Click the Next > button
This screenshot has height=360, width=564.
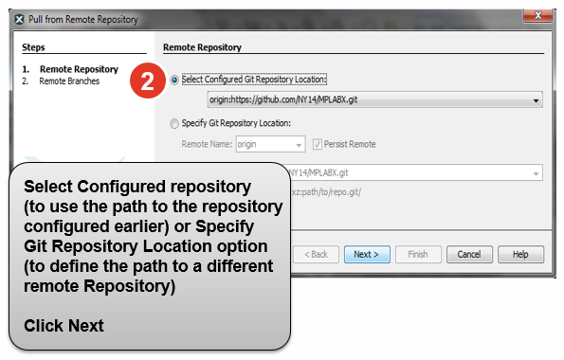click(x=366, y=254)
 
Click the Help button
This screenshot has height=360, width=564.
click(x=519, y=254)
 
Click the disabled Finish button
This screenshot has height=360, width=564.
click(x=418, y=254)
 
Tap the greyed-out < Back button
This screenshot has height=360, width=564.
click(x=316, y=254)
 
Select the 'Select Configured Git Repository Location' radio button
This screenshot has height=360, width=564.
click(x=173, y=80)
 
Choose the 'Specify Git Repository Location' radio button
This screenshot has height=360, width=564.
click(x=173, y=123)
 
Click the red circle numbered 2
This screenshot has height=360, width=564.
click(x=142, y=81)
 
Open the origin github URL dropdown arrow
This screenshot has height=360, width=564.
click(x=537, y=100)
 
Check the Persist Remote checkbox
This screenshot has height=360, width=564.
click(x=318, y=144)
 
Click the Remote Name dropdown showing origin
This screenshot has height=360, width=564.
click(x=269, y=144)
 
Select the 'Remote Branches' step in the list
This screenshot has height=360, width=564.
click(x=69, y=81)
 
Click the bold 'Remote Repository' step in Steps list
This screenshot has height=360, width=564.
click(x=79, y=69)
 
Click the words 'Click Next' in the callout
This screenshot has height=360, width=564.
click(x=64, y=326)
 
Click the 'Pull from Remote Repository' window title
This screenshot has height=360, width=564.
click(x=83, y=19)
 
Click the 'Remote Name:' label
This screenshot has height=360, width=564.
click(x=207, y=144)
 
